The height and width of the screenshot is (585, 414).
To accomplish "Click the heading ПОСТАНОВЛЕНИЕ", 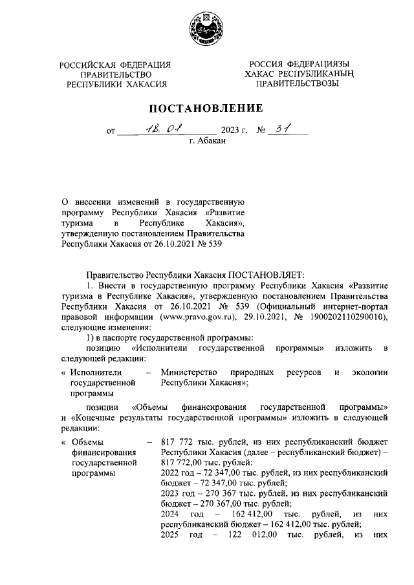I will pos(207,107).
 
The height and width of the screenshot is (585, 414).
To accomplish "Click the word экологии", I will pos(369,372).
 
